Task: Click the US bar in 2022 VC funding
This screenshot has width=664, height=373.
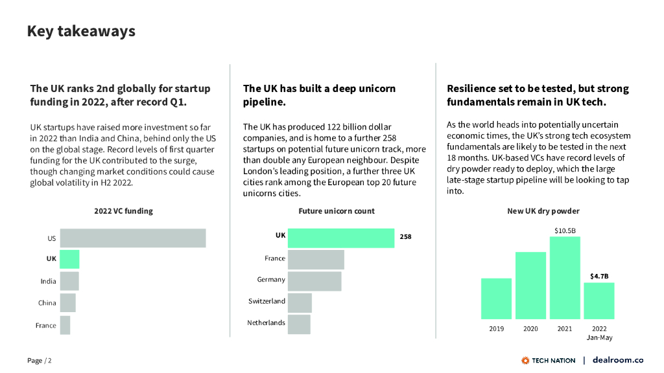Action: [133, 238]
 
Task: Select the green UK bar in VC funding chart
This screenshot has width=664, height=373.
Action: [69, 259]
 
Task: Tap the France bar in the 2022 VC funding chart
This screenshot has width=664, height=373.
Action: [65, 325]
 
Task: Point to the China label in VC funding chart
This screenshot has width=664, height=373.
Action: [47, 303]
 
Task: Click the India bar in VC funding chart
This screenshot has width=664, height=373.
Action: [69, 281]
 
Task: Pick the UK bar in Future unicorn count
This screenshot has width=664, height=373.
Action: [340, 238]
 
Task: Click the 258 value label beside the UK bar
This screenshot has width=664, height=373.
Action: [405, 237]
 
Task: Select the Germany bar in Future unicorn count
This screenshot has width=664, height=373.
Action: [314, 280]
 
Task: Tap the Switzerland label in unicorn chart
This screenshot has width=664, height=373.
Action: [267, 301]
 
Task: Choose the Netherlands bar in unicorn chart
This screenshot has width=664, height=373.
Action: [299, 324]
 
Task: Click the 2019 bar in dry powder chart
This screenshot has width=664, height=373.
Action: [496, 299]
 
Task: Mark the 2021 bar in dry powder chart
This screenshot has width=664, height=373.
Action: [565, 278]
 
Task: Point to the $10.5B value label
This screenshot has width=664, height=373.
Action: [565, 231]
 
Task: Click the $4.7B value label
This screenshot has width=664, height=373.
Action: [599, 277]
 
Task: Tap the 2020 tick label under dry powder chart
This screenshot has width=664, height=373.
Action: [530, 329]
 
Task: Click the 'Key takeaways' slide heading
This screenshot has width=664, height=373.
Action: [81, 31]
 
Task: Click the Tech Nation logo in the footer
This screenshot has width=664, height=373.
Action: [548, 360]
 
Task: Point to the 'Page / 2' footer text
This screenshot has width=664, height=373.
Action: [39, 361]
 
